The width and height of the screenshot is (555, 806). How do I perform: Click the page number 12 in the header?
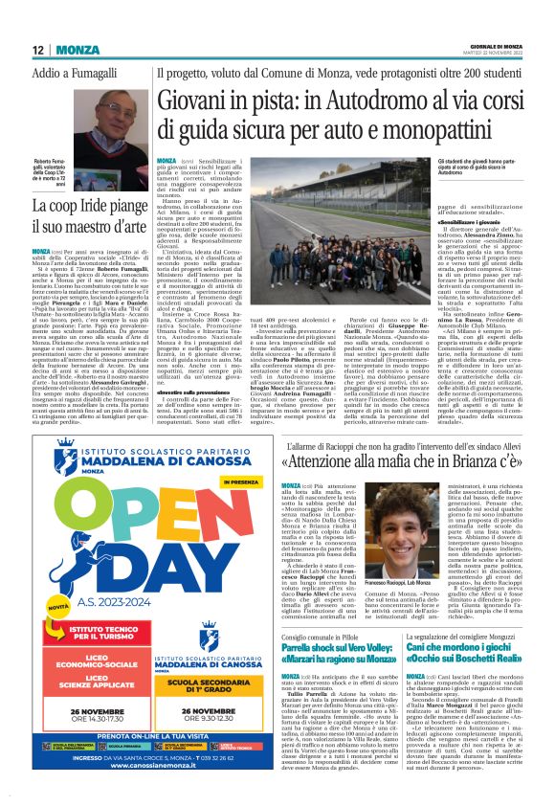tap(36, 50)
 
